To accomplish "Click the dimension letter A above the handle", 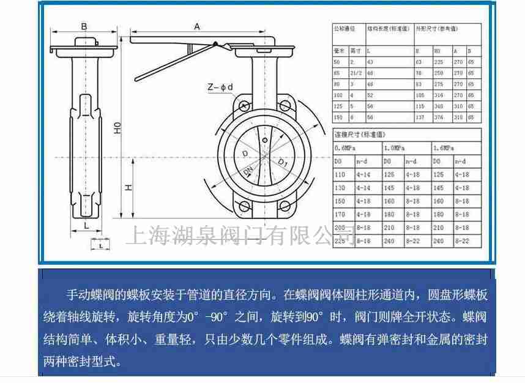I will [x=197, y=26].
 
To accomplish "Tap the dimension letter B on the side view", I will [x=84, y=26].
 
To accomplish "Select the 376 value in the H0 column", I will [x=439, y=117].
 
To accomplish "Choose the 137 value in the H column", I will [x=420, y=117].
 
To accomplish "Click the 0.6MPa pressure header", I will [x=343, y=147].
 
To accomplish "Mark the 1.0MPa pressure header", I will [x=393, y=147].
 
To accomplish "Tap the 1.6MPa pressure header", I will [x=442, y=147].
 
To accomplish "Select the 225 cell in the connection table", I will [x=340, y=240].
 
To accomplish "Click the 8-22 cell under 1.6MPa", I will [x=463, y=240].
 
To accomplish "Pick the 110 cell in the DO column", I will [x=340, y=174].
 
